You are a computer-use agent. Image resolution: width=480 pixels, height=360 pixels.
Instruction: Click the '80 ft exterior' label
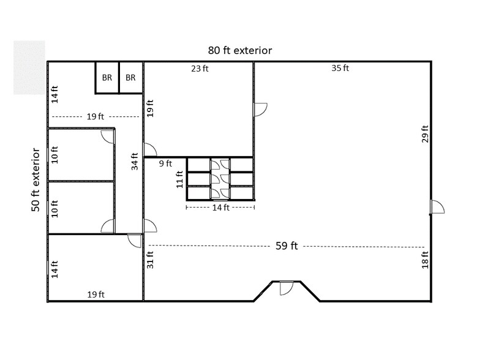click(x=239, y=50)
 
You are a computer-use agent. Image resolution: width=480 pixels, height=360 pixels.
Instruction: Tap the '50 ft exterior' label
click(x=37, y=179)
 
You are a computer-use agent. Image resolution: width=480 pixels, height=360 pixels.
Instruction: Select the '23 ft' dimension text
click(x=200, y=69)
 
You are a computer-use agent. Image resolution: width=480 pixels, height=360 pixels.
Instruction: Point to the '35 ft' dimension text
click(x=340, y=69)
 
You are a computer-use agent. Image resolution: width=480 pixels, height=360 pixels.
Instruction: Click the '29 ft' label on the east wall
click(x=425, y=134)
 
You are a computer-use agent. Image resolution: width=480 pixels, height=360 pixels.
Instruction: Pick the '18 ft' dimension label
click(x=425, y=260)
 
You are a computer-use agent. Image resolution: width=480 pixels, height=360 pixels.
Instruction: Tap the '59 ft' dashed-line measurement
click(x=286, y=246)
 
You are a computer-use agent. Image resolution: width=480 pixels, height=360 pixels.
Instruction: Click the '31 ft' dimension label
click(x=150, y=260)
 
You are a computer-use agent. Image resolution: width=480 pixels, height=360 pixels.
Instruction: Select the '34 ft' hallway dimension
click(x=134, y=162)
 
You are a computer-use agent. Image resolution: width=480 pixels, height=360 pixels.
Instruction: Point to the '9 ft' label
click(x=165, y=163)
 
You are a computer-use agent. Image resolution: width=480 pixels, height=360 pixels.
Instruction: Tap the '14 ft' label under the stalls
click(x=220, y=208)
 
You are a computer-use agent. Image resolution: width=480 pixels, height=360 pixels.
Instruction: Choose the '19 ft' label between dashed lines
click(x=95, y=116)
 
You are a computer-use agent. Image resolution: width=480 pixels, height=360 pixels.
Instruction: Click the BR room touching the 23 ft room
click(x=130, y=78)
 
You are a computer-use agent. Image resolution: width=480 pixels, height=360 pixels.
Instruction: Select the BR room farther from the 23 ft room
click(x=107, y=78)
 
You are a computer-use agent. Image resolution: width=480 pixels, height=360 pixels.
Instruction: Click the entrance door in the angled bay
click(x=286, y=287)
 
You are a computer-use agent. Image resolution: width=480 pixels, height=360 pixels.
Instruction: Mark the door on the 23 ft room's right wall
click(x=260, y=109)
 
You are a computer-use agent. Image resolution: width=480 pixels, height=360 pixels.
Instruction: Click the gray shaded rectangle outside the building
click(x=29, y=67)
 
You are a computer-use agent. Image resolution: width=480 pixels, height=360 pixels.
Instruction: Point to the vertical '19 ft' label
click(x=150, y=108)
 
